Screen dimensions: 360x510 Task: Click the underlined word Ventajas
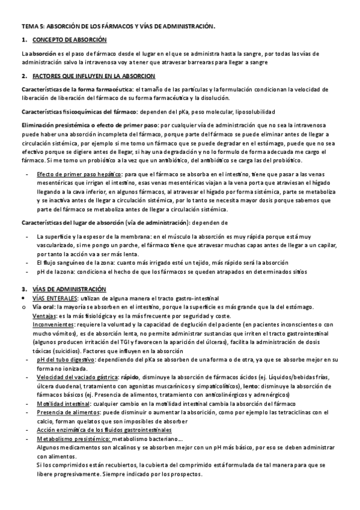(x=44, y=316)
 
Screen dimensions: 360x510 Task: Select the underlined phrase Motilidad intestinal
(x=61, y=404)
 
